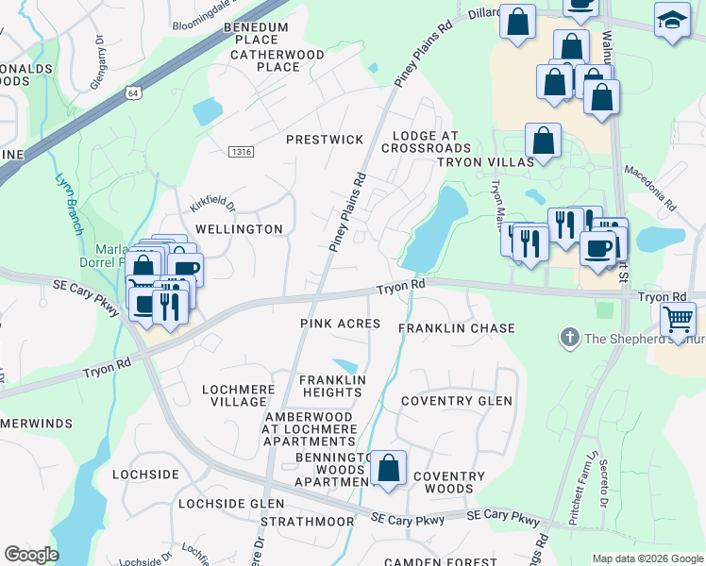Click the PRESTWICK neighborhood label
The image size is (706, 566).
tap(325, 140)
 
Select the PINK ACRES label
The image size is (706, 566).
tap(340, 324)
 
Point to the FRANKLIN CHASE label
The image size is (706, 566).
tap(457, 328)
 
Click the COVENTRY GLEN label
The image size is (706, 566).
tap(457, 401)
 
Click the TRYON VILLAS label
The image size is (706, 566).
tap(485, 162)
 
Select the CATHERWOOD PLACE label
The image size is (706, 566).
tap(264, 60)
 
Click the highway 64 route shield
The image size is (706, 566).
tap(131, 92)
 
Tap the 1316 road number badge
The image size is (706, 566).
tap(242, 152)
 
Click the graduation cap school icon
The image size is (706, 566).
tap(671, 21)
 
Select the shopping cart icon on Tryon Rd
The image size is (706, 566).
tap(679, 321)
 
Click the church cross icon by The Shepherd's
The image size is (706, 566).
tap(569, 337)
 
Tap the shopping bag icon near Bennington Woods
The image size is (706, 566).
tap(388, 468)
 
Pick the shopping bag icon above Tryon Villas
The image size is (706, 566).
tap(543, 141)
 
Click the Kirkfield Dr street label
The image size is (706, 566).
tap(210, 205)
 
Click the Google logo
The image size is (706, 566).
tap(31, 555)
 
